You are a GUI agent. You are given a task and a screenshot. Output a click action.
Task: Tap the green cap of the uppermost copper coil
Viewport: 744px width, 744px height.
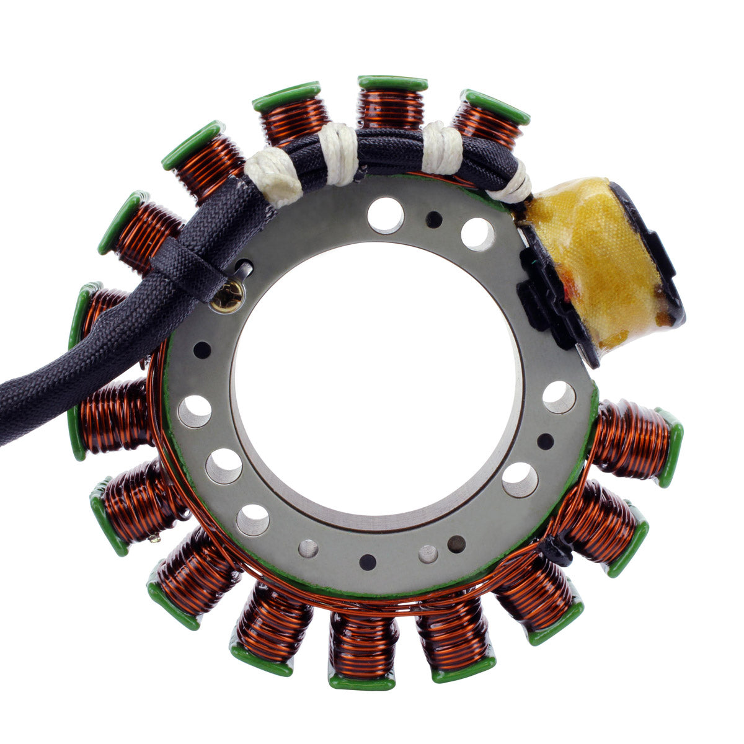(392, 82)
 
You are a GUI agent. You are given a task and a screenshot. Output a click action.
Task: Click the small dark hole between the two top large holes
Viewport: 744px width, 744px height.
(434, 219)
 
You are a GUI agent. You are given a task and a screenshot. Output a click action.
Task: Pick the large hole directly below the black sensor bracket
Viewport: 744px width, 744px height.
(559, 397)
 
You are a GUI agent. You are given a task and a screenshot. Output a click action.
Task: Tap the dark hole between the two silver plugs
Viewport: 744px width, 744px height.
(368, 562)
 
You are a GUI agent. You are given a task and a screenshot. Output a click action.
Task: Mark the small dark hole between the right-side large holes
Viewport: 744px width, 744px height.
(545, 441)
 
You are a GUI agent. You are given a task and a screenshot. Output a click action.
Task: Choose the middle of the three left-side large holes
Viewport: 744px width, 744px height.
(224, 466)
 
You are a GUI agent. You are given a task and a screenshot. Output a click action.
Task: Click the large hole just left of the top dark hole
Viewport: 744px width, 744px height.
(385, 215)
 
